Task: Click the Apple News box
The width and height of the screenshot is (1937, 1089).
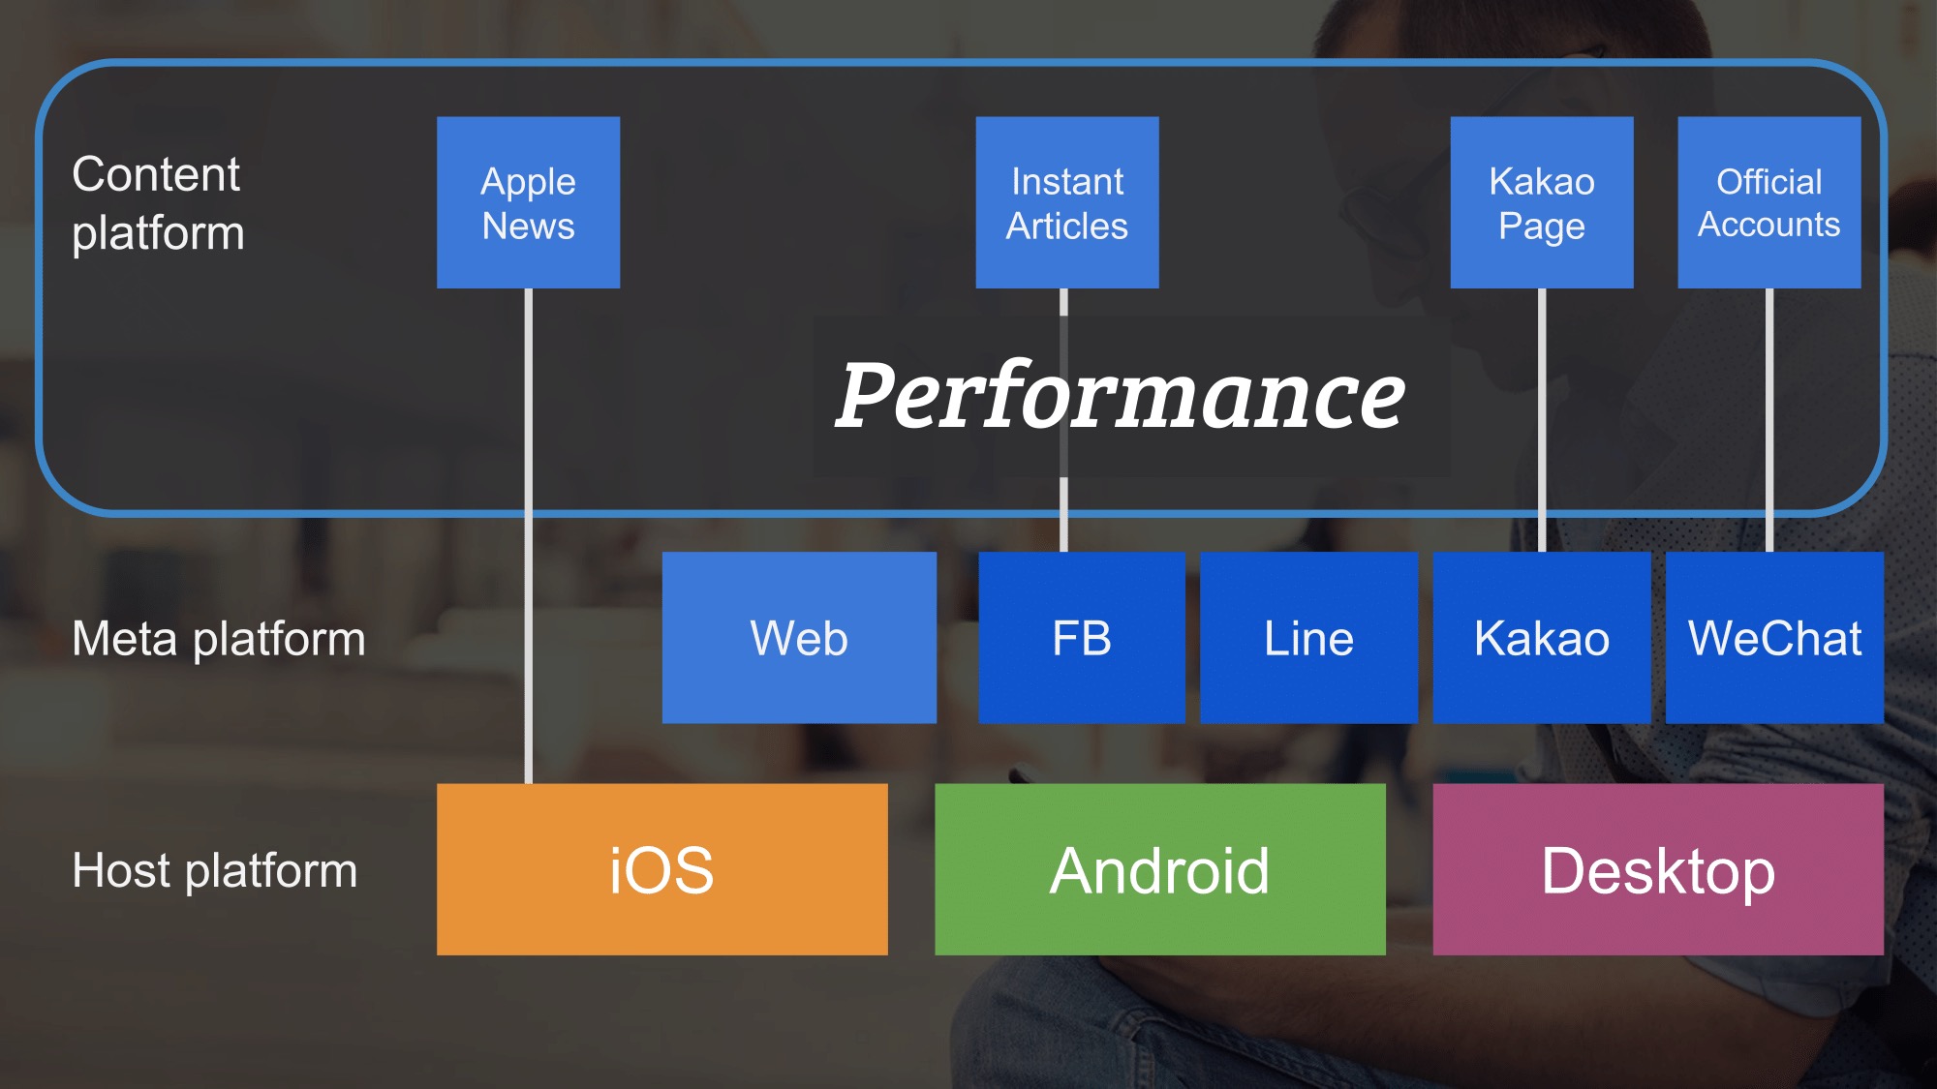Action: (x=528, y=202)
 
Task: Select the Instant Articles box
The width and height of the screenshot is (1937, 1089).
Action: (x=1066, y=202)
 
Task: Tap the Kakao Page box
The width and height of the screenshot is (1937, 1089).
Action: (x=1541, y=202)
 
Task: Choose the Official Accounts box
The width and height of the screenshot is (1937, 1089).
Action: (x=1768, y=202)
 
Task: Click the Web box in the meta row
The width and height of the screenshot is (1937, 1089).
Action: (x=799, y=637)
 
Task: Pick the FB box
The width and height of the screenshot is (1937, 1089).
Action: (x=1081, y=637)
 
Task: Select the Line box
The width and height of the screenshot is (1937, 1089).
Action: (x=1308, y=637)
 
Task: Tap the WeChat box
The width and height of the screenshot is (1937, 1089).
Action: (x=1774, y=637)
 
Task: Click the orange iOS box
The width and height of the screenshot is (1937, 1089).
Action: (x=661, y=868)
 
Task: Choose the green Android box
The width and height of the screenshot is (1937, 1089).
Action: (x=1159, y=868)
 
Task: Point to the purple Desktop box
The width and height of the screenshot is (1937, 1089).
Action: (x=1658, y=868)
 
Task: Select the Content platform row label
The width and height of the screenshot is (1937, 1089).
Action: (x=158, y=203)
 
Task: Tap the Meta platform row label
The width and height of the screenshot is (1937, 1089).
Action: (x=219, y=639)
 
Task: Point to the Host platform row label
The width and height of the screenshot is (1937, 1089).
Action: (x=215, y=870)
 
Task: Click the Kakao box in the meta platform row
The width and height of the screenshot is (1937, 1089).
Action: (x=1541, y=637)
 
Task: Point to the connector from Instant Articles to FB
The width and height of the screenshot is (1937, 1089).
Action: (x=1063, y=523)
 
